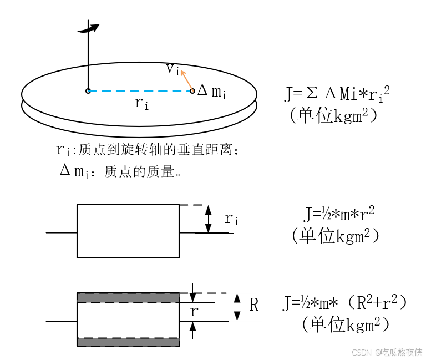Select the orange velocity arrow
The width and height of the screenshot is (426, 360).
pyautogui.click(x=187, y=80)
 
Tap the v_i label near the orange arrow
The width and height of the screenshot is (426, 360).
pyautogui.click(x=173, y=69)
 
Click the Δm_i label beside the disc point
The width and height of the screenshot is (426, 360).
pyautogui.click(x=212, y=92)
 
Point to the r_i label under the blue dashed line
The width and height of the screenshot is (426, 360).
pyautogui.click(x=141, y=103)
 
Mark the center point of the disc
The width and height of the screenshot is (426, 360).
pyautogui.click(x=88, y=90)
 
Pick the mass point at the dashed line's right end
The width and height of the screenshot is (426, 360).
pyautogui.click(x=192, y=90)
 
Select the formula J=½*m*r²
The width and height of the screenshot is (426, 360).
pyautogui.click(x=339, y=213)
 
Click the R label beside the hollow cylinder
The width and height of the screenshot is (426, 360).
pyautogui.click(x=254, y=305)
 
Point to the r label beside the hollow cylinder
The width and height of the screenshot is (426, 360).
pyautogui.click(x=194, y=311)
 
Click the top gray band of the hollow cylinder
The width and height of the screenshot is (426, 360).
pyautogui.click(x=128, y=298)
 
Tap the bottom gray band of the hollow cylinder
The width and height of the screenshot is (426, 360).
pyautogui.click(x=128, y=342)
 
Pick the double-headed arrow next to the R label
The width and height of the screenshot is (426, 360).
pyautogui.click(x=237, y=307)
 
